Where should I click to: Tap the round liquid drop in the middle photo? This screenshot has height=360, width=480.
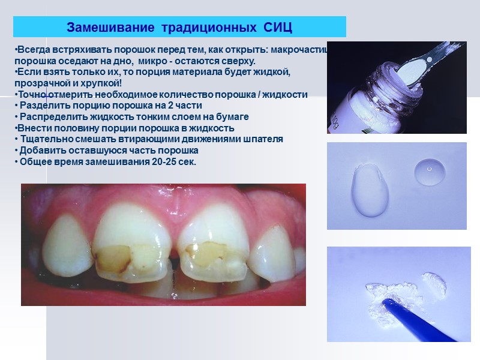tap(430, 170)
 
